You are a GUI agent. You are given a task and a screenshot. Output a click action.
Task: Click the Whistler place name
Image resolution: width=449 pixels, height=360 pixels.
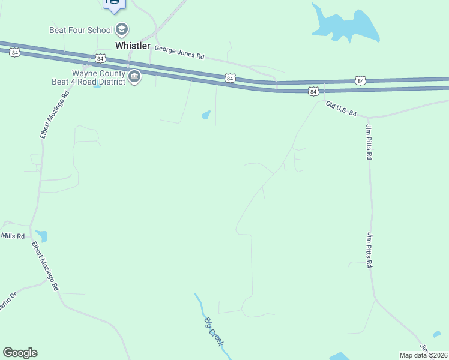(x=133, y=46)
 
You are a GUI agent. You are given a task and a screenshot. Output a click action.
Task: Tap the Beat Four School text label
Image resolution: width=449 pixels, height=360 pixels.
(x=82, y=29)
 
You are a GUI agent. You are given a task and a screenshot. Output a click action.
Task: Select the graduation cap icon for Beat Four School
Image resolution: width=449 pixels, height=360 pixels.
(x=122, y=29)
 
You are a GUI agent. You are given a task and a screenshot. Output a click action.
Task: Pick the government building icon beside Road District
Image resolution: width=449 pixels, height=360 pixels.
(x=134, y=77)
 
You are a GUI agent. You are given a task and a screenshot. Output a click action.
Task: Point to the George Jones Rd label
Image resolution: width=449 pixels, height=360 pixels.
(x=179, y=52)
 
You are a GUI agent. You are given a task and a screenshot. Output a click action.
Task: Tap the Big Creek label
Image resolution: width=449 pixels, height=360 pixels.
(x=214, y=331)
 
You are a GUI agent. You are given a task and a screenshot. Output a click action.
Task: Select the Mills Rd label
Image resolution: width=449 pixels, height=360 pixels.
(x=13, y=236)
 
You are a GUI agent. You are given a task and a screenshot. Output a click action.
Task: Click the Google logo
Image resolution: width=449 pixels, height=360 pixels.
(x=20, y=353)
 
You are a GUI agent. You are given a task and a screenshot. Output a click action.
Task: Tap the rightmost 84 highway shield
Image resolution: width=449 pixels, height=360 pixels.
(x=360, y=80)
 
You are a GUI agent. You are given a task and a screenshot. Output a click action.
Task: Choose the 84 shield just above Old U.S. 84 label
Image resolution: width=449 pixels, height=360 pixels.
(x=313, y=91)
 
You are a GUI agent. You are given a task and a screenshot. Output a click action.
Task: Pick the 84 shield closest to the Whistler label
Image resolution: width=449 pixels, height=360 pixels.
(x=100, y=58)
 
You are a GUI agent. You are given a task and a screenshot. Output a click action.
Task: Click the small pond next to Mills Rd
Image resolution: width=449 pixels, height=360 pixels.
(x=41, y=236)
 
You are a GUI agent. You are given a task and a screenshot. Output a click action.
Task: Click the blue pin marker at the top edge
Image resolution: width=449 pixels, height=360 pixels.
(x=113, y=4)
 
